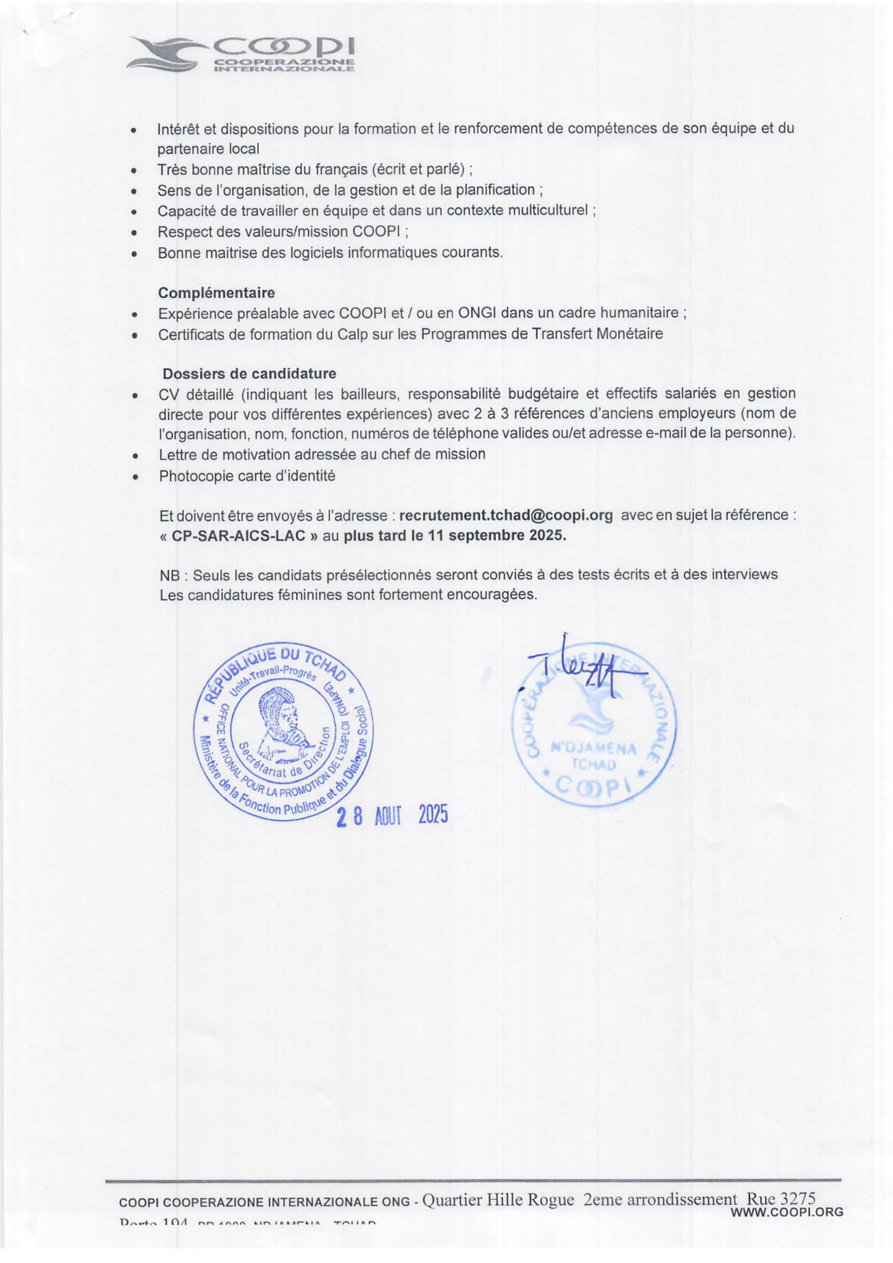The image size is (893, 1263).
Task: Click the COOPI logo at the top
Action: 240,54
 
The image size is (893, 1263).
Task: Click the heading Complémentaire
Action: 216,292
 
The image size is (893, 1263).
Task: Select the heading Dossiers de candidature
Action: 249,374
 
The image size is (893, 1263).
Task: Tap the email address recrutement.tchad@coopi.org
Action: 506,516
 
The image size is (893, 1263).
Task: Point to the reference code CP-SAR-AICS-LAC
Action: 238,536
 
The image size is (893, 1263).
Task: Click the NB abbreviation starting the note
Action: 170,575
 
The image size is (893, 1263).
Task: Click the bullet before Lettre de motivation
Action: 135,456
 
